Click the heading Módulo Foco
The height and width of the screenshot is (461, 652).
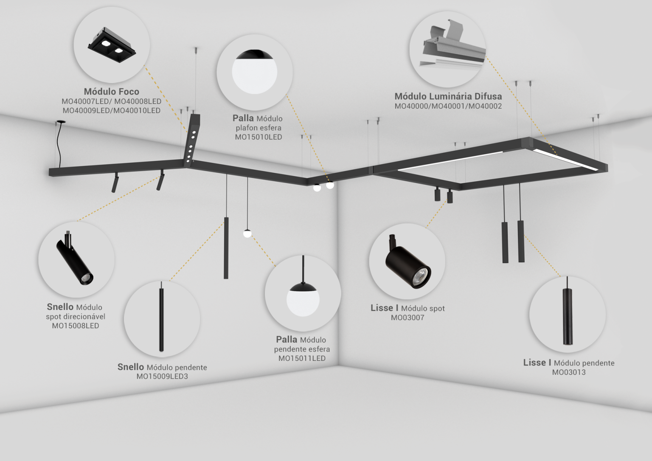coord(112,91)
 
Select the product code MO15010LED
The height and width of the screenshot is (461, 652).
coord(259,137)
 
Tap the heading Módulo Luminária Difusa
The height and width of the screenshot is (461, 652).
coord(448,96)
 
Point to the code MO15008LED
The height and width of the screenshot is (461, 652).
coord(76,326)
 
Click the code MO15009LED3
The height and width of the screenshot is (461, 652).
coord(163,376)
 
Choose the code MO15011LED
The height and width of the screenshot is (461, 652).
coord(302,358)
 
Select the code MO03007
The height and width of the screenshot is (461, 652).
coord(407,318)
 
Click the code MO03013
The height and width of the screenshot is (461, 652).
coord(569,372)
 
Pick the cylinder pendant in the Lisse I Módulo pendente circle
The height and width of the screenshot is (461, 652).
coord(567,316)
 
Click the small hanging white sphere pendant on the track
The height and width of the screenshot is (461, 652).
coord(247,233)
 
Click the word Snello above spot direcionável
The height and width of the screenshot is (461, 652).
coord(60,307)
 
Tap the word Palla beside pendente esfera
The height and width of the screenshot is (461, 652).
coord(287,339)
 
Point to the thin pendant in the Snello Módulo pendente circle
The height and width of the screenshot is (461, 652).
coord(161,317)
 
